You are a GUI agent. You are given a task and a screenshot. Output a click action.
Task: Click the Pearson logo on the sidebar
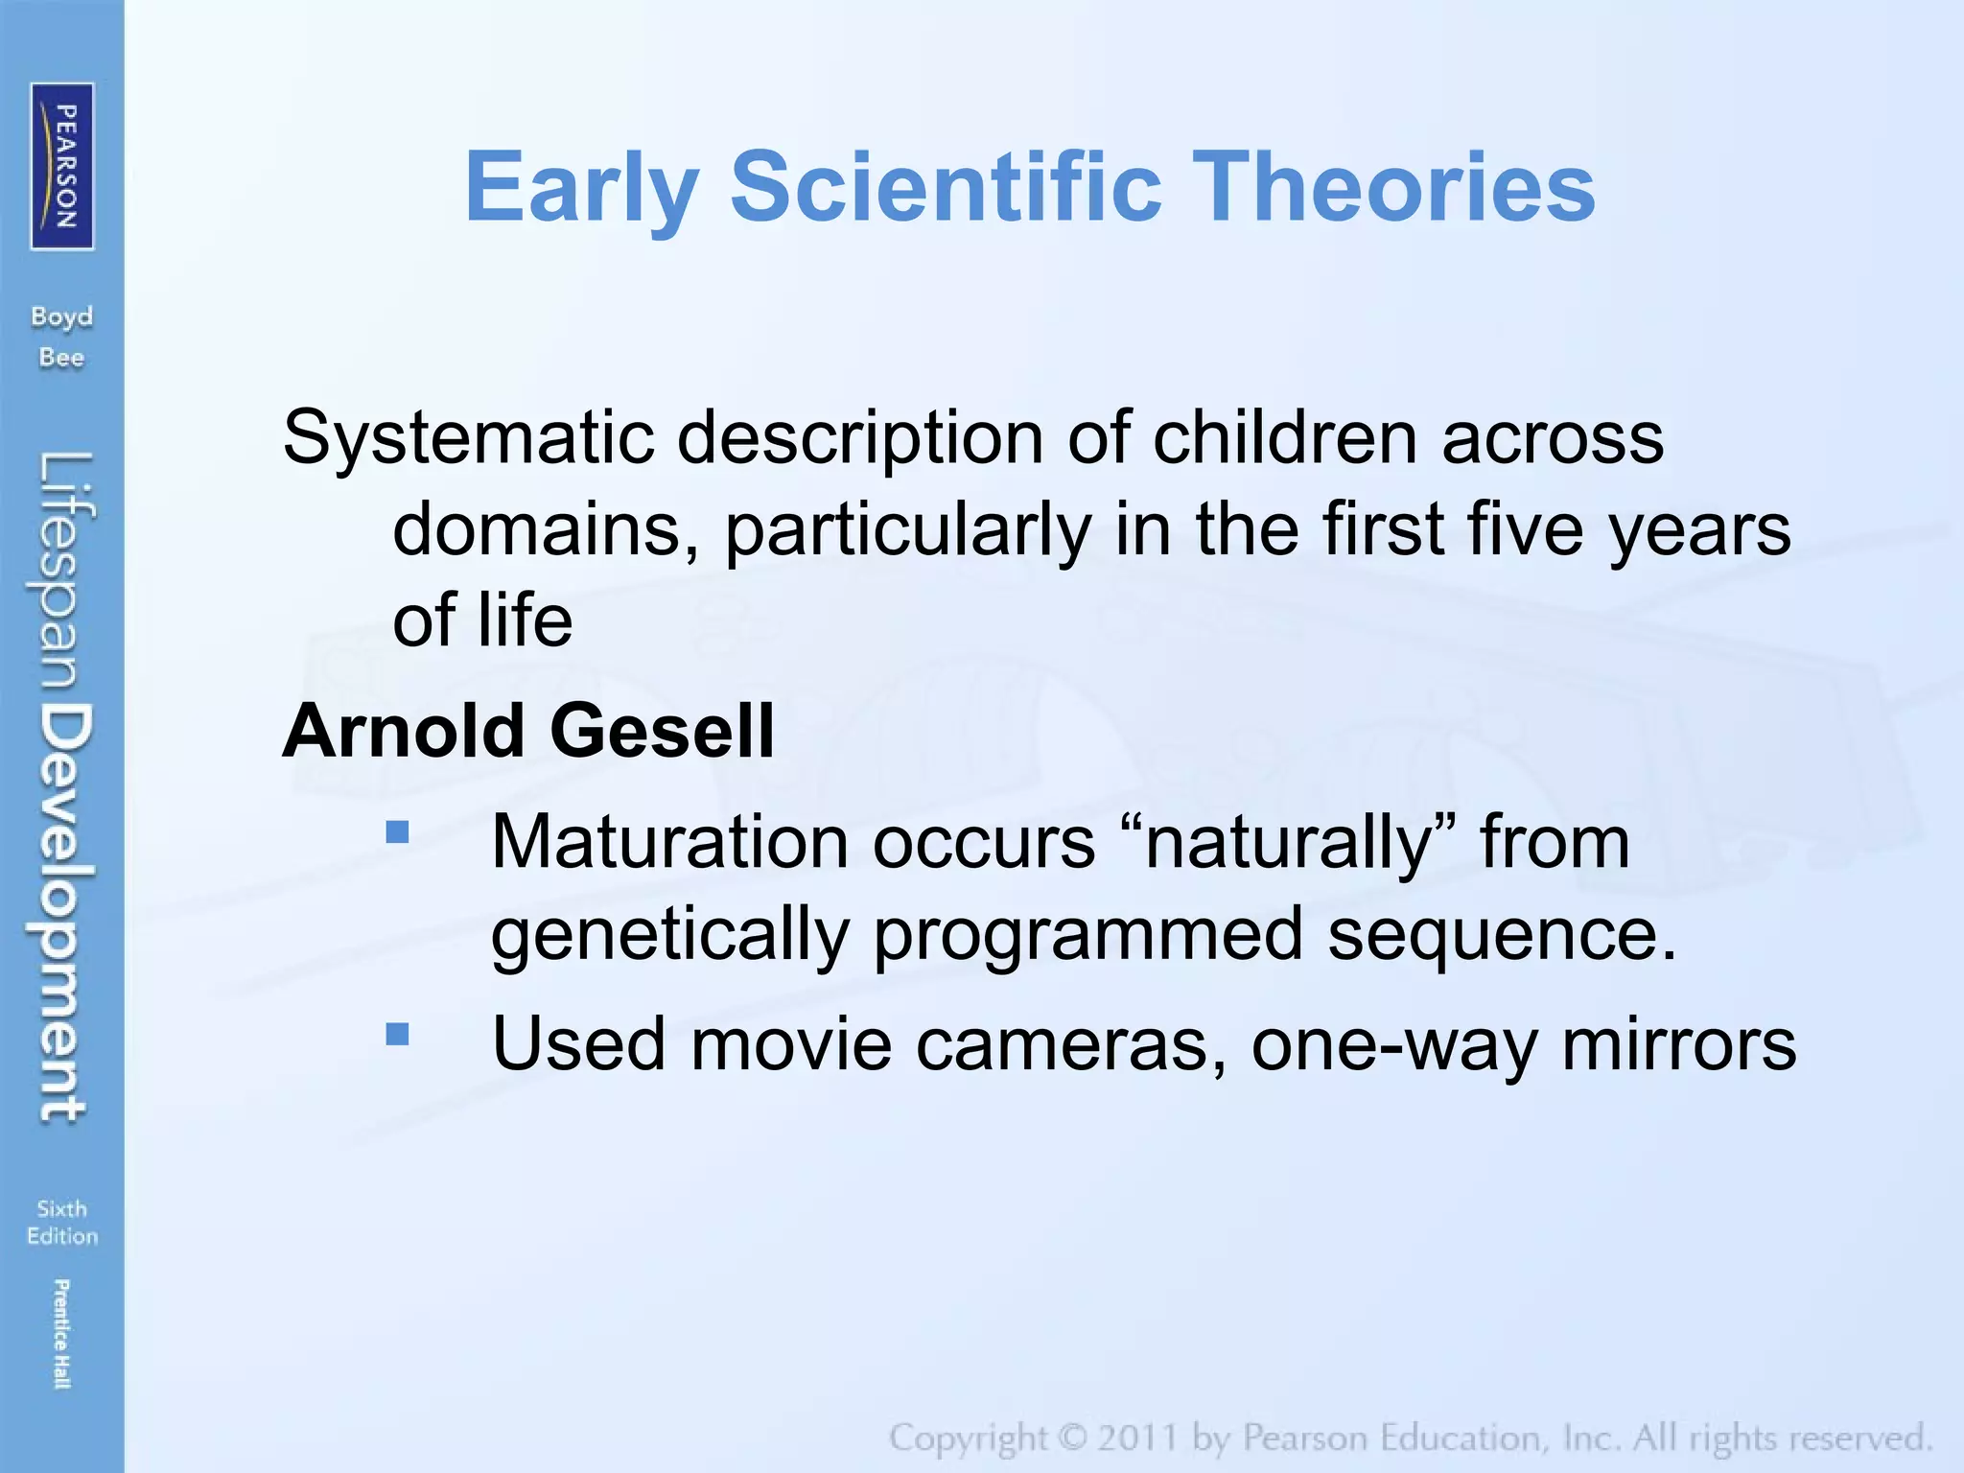(x=62, y=166)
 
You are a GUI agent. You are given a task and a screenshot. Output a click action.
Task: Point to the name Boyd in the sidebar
(x=61, y=316)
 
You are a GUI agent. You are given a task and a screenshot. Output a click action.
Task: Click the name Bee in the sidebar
(x=61, y=358)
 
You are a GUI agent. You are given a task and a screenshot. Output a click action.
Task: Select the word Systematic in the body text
(x=468, y=438)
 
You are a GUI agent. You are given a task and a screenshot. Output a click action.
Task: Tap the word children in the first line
(x=1284, y=438)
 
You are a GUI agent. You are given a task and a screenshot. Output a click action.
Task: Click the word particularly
(x=906, y=530)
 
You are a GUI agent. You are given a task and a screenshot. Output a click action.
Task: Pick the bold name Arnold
(x=402, y=731)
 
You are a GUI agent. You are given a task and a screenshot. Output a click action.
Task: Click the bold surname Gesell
(x=662, y=731)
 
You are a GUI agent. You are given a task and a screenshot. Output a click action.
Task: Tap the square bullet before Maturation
(x=397, y=830)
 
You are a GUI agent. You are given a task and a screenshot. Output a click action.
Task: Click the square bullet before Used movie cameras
(x=397, y=1034)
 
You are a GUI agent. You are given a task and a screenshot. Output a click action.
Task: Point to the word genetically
(x=669, y=934)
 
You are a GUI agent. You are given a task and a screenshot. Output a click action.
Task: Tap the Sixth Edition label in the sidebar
(x=62, y=1222)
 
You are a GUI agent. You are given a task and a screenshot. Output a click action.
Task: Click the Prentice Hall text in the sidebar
(x=61, y=1333)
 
